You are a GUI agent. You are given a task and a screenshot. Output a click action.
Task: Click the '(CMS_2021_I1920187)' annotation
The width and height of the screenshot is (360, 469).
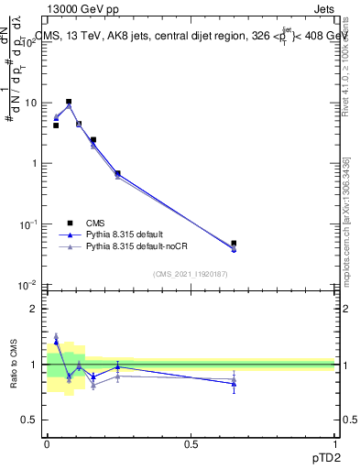coord(191,273)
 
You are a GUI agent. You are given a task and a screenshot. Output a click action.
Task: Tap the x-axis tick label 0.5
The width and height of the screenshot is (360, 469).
coord(191,443)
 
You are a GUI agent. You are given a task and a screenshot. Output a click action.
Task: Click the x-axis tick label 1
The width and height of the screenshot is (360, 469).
coord(335,443)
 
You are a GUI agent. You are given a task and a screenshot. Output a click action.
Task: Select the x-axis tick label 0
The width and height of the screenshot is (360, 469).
coord(47,443)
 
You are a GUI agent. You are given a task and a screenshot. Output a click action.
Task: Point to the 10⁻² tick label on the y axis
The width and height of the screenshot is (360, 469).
coord(29,285)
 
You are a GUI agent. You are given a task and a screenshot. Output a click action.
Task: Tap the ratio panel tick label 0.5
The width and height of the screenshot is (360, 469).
coord(30,420)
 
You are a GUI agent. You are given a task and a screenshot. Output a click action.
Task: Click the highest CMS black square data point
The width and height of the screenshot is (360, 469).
coord(69,102)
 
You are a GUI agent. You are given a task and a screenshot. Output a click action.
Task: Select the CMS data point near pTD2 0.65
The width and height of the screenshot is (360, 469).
coord(234,244)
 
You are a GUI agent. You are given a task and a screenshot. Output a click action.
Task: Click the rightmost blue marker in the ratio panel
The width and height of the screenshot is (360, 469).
coord(234,384)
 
